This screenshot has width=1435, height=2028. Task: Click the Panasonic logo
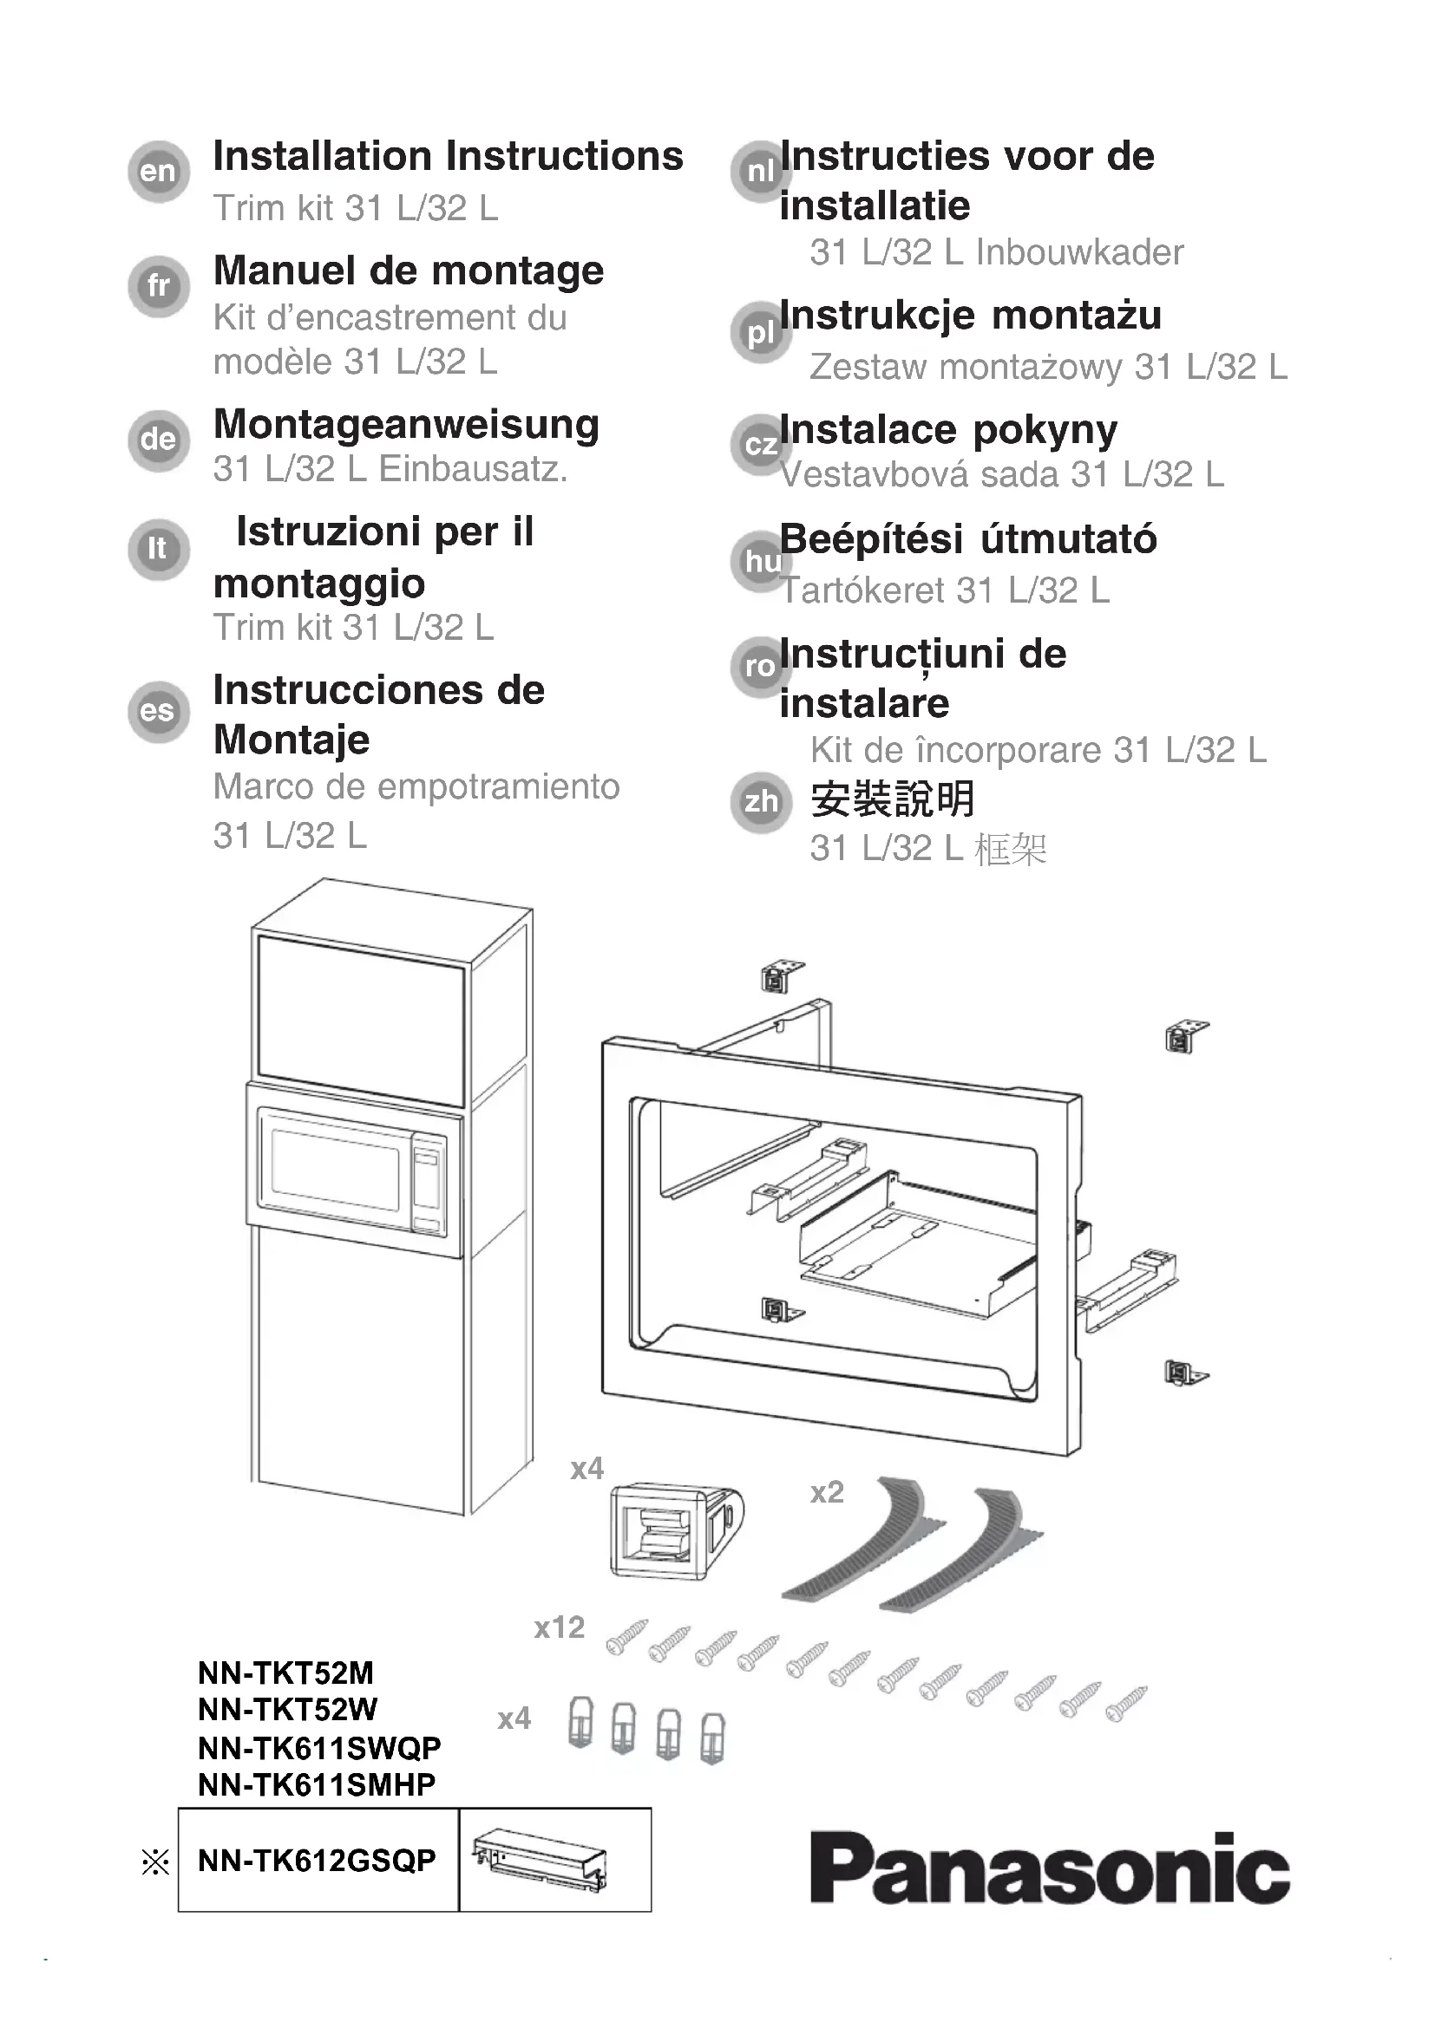click(1049, 1868)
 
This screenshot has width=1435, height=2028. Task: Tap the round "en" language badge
click(158, 172)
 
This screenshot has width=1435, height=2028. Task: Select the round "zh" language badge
click(761, 802)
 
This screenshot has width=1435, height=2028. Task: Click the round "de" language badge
click(158, 439)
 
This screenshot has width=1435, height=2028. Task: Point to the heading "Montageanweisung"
click(405, 425)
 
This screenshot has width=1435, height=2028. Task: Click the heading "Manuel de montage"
click(409, 271)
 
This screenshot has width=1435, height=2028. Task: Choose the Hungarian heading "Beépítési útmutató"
click(967, 538)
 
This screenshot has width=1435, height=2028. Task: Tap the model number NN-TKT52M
click(285, 1673)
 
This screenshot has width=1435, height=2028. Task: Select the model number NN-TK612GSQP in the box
click(318, 1860)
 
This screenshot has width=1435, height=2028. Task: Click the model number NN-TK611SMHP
click(317, 1784)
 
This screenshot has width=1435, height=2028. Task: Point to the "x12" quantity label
click(560, 1627)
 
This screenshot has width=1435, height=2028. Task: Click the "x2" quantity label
click(827, 1492)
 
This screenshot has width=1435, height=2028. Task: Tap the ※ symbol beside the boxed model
click(155, 1862)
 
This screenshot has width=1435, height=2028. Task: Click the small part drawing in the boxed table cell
click(540, 1860)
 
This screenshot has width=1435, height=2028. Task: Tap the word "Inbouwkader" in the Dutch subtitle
click(1079, 252)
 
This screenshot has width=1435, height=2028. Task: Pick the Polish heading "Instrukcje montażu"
click(970, 316)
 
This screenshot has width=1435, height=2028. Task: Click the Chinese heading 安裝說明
click(893, 799)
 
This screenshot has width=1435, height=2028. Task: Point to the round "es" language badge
click(158, 711)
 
